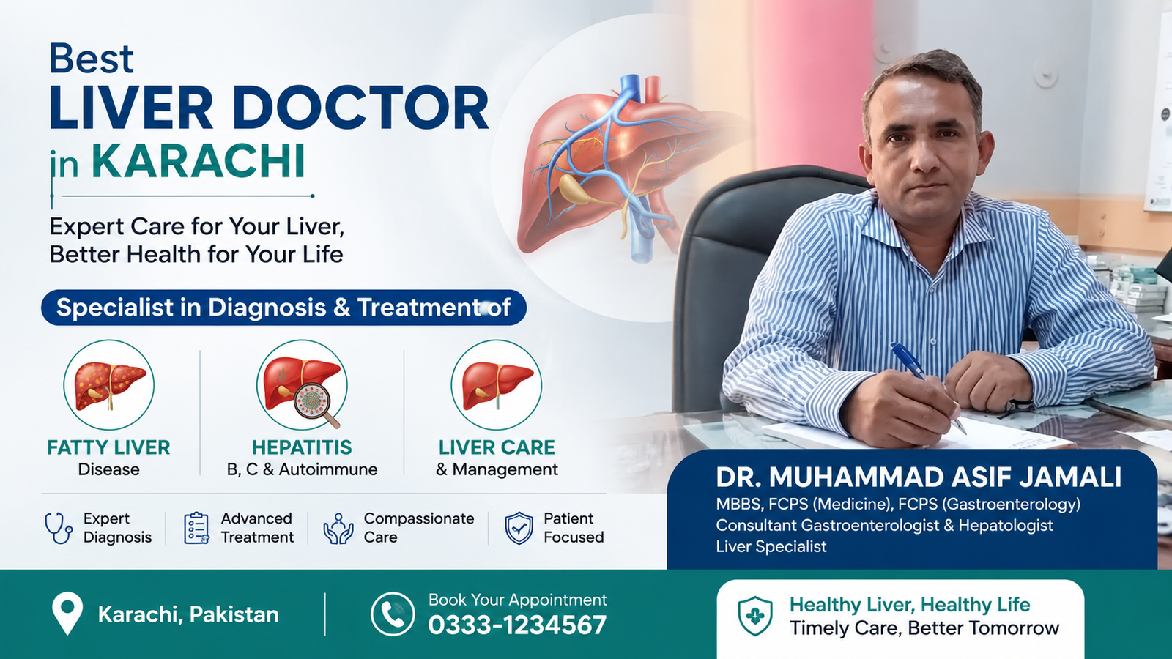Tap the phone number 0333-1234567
517,625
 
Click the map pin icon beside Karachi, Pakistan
67,614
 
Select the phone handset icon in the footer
393,614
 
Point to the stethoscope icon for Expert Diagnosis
59,528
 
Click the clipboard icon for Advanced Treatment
197,528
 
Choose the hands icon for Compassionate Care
338,528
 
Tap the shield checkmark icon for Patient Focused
519,528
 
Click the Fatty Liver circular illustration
109,385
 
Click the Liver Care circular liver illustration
497,385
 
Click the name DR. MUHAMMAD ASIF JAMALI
919,477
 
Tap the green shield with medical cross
755,616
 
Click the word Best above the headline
92,58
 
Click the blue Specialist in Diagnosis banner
283,308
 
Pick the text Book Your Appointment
517,600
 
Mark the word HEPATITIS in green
302,447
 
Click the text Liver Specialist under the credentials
771,546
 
